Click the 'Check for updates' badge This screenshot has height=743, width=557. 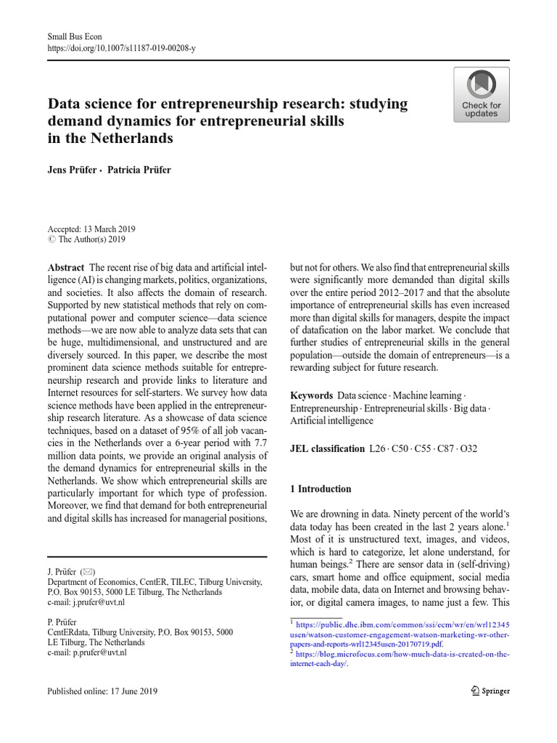(x=481, y=95)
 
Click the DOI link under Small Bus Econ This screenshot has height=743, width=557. (x=121, y=48)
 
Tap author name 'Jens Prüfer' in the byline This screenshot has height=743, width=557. (x=70, y=170)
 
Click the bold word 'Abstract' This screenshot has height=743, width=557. (x=65, y=267)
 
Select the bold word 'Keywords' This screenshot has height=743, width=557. (x=312, y=395)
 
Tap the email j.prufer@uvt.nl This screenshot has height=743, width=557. (x=99, y=602)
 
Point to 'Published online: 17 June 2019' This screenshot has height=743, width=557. (x=102, y=691)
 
